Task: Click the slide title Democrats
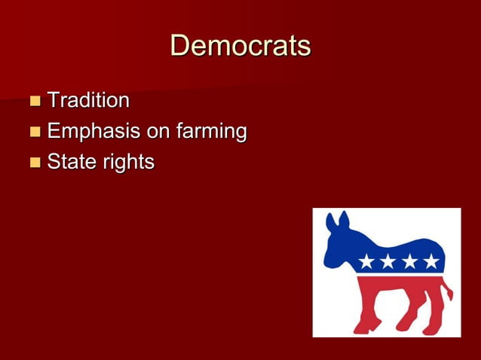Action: tap(240, 46)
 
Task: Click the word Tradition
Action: tap(88, 100)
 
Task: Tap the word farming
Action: tap(211, 133)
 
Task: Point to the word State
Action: tap(70, 162)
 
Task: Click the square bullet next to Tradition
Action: tap(35, 101)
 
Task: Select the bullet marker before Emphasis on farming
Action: tap(35, 133)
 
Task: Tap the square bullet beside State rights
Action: tap(35, 163)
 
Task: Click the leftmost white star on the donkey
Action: tap(367, 262)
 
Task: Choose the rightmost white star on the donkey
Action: tap(430, 262)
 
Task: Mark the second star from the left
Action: tap(388, 262)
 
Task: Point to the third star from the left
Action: tap(409, 262)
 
